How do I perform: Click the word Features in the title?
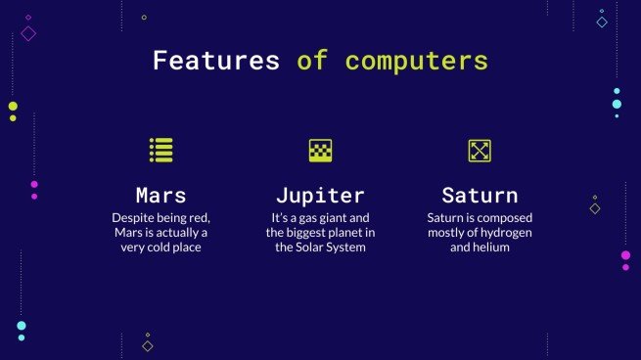215,61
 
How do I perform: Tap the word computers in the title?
416,61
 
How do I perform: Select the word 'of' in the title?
312,61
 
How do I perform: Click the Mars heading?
160,194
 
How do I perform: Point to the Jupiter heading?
320,194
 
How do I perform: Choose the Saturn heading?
480,194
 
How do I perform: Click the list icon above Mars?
160,150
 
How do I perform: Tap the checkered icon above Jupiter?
320,150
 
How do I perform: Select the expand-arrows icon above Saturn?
480,150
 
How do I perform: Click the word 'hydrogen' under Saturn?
506,233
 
